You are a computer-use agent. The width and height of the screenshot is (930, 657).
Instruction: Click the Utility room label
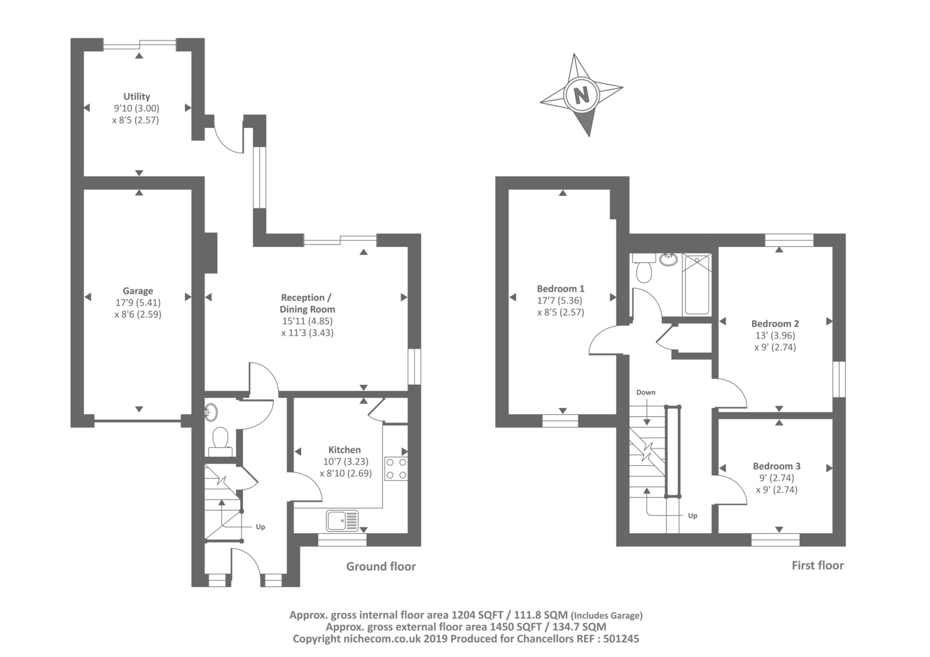(137, 96)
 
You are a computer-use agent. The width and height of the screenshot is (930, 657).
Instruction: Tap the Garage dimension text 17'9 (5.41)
(138, 303)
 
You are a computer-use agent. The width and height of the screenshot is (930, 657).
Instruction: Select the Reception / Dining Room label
(307, 303)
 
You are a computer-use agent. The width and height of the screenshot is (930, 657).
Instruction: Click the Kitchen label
(344, 450)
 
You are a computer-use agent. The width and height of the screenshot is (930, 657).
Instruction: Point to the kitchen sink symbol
(342, 520)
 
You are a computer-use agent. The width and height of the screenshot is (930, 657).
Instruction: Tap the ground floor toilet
(220, 439)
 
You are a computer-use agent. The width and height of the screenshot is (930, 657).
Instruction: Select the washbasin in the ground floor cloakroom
(210, 412)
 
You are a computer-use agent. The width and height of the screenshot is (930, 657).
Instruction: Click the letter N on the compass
(581, 94)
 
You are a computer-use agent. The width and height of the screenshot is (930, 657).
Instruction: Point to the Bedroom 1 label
(560, 289)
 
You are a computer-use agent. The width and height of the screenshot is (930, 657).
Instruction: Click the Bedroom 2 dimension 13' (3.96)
(775, 335)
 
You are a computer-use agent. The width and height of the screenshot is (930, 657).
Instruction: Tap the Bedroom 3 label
(777, 466)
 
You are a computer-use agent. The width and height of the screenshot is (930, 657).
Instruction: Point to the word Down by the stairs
(646, 392)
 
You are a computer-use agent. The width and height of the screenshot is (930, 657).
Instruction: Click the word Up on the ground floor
(260, 527)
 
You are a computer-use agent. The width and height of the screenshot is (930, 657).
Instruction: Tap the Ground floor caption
(381, 566)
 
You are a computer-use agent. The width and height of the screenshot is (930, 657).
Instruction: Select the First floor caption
(817, 565)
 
